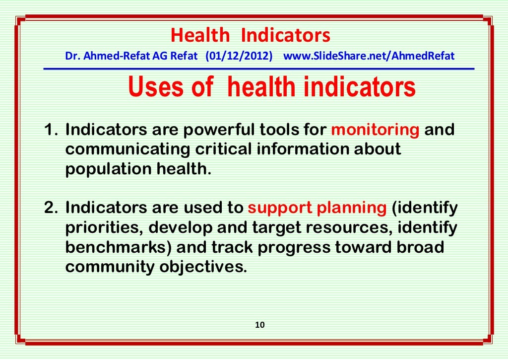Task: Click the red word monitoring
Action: pyautogui.click(x=375, y=130)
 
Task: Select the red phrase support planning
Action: pyautogui.click(x=317, y=208)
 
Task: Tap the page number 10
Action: pyautogui.click(x=260, y=325)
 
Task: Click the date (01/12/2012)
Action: pyautogui.click(x=239, y=56)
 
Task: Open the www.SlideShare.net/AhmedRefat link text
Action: pyautogui.click(x=369, y=56)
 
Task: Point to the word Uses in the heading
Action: pyautogui.click(x=157, y=87)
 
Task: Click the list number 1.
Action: pyautogui.click(x=50, y=130)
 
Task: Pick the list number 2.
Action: pyautogui.click(x=50, y=208)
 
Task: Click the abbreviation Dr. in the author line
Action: pyautogui.click(x=72, y=56)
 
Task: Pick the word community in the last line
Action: pyautogui.click(x=110, y=267)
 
